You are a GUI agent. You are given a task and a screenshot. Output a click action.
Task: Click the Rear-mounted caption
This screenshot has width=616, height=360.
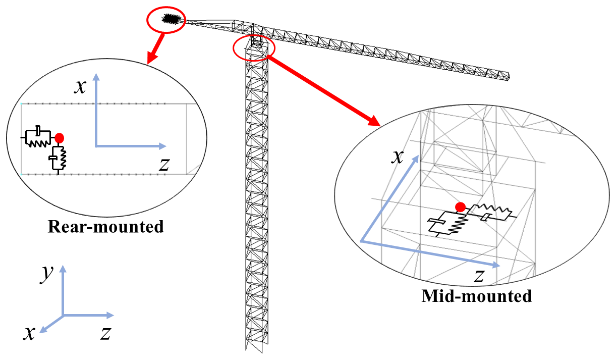pos(105,227)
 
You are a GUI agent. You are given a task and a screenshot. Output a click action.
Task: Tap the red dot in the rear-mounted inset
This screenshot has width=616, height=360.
pos(60,137)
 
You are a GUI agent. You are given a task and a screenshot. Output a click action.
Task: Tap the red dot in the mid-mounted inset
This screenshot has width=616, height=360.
pos(460,207)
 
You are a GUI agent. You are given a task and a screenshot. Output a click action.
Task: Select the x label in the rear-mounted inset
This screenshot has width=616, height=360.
pos(79,87)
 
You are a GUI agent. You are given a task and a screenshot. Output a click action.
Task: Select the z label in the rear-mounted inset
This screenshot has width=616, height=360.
pos(162,164)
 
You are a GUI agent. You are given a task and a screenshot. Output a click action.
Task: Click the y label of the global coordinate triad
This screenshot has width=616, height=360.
pos(47,273)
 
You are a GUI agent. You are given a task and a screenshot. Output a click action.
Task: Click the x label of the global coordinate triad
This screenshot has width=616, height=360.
pos(31,332)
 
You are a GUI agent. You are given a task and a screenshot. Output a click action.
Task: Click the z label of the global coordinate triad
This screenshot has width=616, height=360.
pos(105,332)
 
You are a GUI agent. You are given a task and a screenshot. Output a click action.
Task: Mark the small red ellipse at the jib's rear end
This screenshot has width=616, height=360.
pos(166,21)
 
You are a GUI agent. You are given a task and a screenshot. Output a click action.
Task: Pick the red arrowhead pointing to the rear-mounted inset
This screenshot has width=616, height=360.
pos(149,59)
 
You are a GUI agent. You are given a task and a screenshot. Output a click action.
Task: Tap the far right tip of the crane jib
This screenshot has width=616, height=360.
pos(510,77)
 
